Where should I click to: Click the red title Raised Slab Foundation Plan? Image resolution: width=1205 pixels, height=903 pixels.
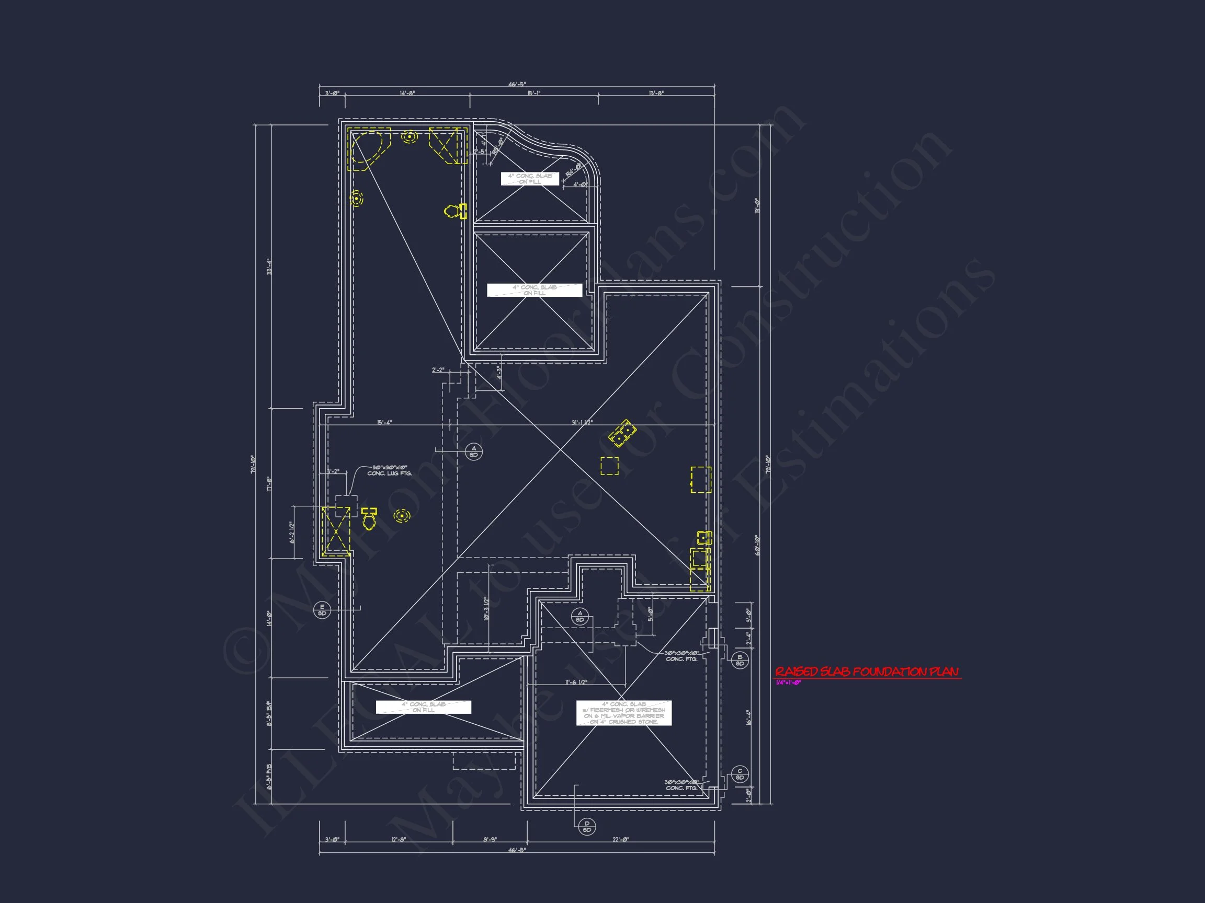pos(867,672)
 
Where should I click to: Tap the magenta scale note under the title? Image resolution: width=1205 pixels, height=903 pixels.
pos(788,683)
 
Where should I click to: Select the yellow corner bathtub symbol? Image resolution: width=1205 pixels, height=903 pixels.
pos(369,147)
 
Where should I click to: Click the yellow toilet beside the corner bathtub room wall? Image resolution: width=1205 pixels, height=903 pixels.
pos(456,211)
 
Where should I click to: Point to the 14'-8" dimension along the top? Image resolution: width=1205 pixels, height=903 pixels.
pos(407,93)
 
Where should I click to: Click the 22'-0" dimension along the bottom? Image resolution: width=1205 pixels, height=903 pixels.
pos(620,839)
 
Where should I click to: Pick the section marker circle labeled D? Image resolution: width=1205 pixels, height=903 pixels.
pos(587,827)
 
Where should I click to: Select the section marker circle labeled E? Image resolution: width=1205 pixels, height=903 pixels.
pos(322,610)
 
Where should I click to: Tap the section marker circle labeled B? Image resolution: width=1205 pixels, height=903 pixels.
pos(740,660)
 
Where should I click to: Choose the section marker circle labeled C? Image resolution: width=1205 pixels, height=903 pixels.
pos(740,774)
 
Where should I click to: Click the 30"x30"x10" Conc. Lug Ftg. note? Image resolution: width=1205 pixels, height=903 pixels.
pos(390,470)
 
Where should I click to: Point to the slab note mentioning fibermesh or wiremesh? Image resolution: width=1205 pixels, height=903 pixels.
pos(624,713)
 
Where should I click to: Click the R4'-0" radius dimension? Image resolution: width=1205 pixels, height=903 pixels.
pos(573,170)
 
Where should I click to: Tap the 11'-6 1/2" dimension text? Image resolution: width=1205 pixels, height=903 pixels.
pos(576,682)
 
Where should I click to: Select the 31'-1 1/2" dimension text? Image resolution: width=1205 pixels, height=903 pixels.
pos(582,422)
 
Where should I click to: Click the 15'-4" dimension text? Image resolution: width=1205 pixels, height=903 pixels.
pos(384,422)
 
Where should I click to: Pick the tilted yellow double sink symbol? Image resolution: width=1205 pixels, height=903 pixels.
pos(622,433)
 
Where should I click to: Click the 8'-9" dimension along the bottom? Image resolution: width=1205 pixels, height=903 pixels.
pos(490,839)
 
